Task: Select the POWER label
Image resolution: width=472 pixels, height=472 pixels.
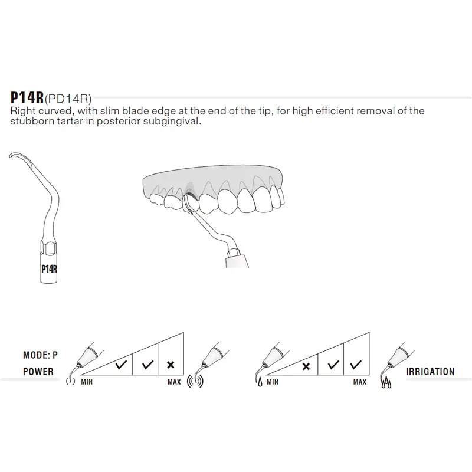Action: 38,372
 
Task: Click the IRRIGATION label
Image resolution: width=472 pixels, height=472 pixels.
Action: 430,372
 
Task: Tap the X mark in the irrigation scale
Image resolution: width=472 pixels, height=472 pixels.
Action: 306,366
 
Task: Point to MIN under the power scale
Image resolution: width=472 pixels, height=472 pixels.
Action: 88,382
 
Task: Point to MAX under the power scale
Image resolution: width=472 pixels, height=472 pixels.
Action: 174,382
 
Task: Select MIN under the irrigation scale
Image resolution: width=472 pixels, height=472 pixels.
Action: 272,382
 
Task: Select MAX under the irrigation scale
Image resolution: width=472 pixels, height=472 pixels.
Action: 359,382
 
